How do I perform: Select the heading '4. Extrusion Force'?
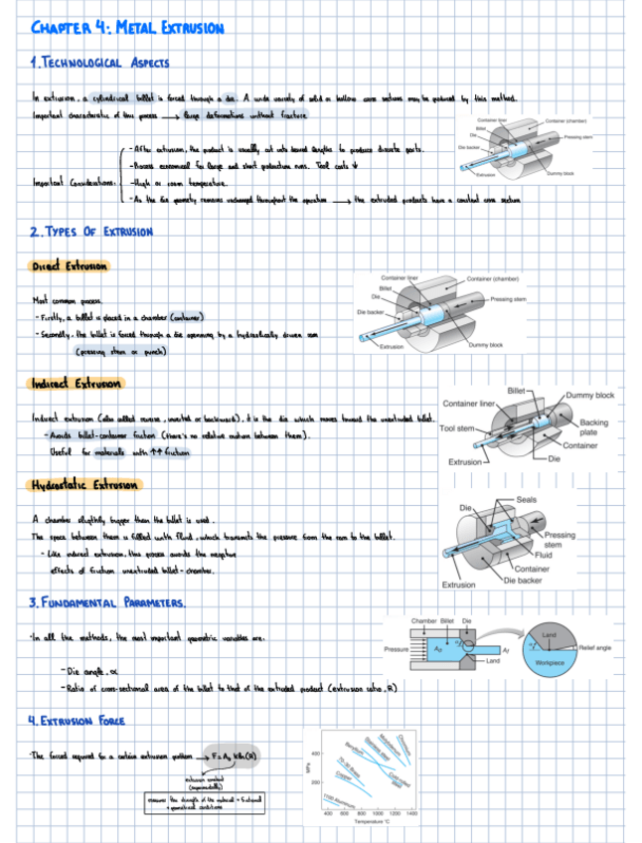pos(78,719)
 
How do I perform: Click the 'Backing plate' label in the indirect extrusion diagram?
pos(595,427)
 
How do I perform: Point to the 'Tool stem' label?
pos(458,428)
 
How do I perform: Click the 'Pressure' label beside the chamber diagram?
pos(398,648)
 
